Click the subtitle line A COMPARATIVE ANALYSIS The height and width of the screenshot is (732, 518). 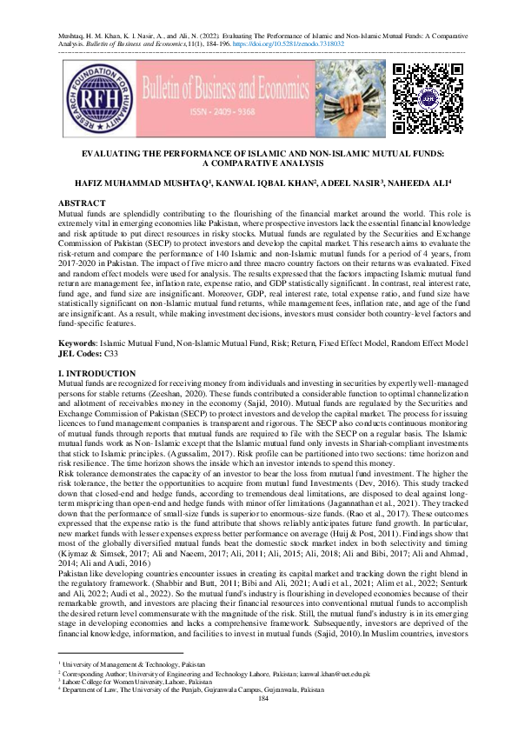pos(259,163)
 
